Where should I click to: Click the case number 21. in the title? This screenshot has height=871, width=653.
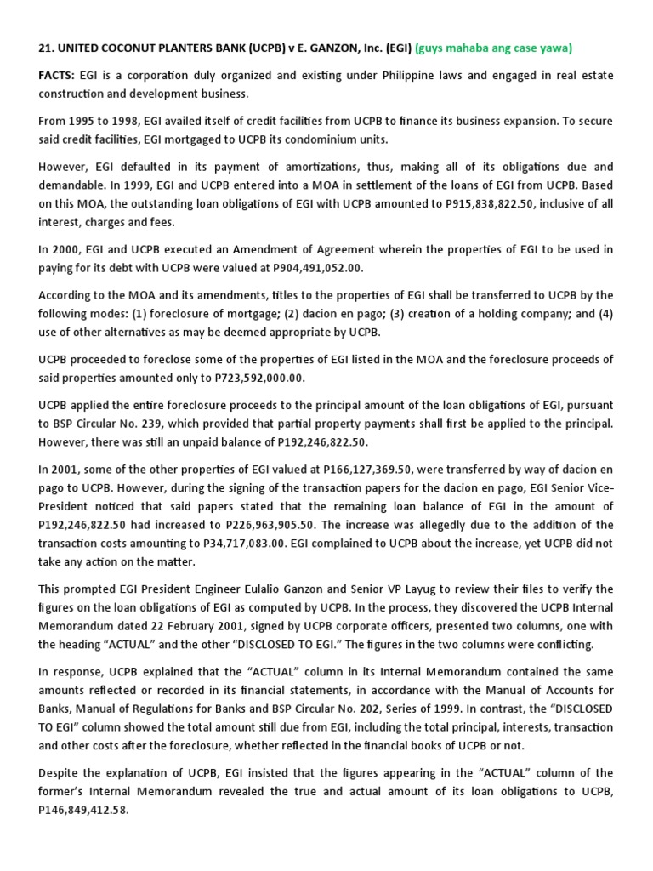pos(46,48)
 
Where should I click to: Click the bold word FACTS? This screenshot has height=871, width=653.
pos(58,76)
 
